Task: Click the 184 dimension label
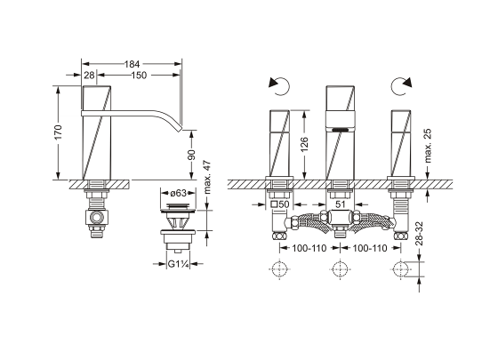point(132,64)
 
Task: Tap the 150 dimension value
point(139,76)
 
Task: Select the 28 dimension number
point(90,76)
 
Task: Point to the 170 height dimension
point(58,132)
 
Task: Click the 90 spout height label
point(191,155)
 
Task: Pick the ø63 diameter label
point(178,193)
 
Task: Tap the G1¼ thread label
point(178,264)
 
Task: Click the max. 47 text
point(207,177)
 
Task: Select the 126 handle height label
point(304,144)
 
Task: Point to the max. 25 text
point(428,146)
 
